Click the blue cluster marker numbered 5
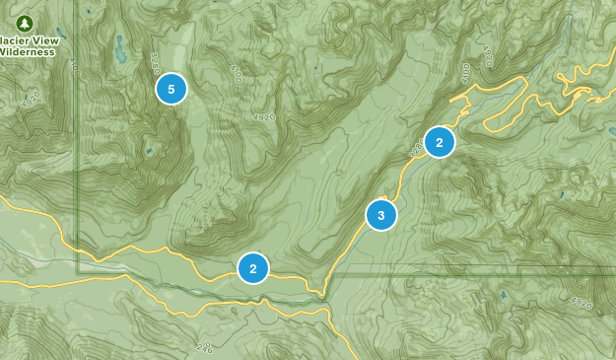pos(171,90)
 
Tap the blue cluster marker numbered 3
pos(381,214)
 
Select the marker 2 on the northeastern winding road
pos(440,143)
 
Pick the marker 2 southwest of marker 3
pos(253,267)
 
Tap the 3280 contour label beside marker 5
pos(154,65)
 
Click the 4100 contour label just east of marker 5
pos(235,74)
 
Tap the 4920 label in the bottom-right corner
pos(580,302)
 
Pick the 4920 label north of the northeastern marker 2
pos(488,53)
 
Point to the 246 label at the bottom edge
pos(204,346)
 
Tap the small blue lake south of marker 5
pos(150,151)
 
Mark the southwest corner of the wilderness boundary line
pos(79,267)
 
